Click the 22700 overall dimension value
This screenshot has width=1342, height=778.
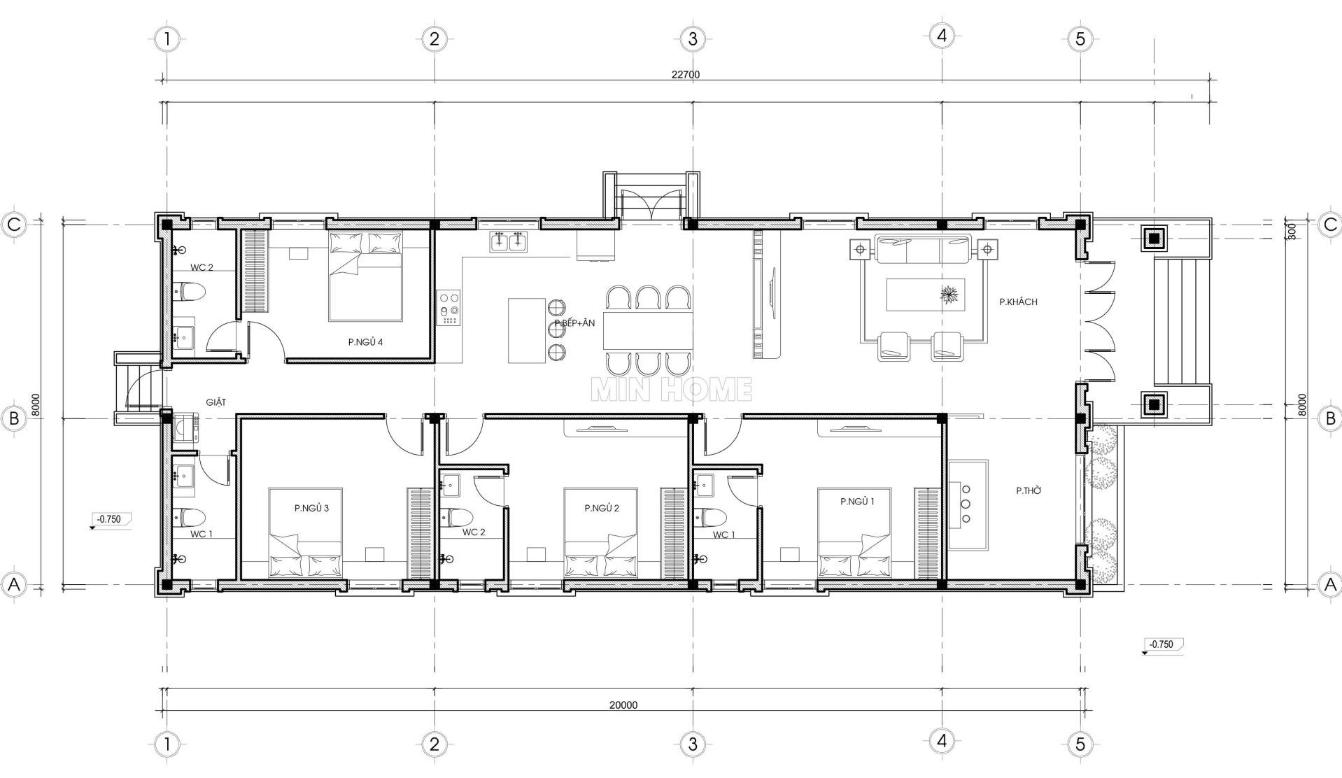[x=685, y=75]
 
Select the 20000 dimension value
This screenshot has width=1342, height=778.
[x=623, y=705]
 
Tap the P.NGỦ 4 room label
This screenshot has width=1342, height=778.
[x=365, y=342]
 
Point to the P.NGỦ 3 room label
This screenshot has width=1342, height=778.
[x=311, y=508]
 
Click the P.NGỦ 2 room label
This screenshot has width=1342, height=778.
[x=602, y=508]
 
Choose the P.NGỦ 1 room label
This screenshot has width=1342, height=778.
[x=858, y=502]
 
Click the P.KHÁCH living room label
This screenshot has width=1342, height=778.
[x=1018, y=302]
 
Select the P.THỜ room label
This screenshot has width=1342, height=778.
[x=1029, y=491]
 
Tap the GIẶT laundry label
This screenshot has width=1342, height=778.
[x=216, y=402]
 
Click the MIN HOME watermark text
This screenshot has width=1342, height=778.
[x=672, y=390]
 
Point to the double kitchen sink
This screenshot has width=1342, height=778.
[x=509, y=241]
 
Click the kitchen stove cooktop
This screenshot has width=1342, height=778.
[x=448, y=308]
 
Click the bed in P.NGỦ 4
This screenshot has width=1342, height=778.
[x=366, y=276]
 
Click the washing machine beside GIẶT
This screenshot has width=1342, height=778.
[x=185, y=429]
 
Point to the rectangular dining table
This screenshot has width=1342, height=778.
[x=647, y=331]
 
